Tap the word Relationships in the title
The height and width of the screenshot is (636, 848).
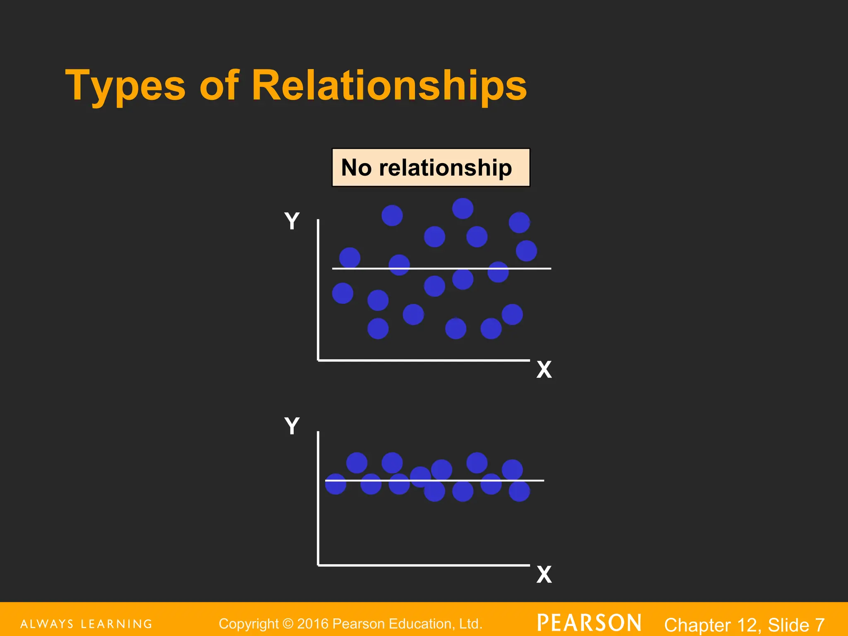coord(389,85)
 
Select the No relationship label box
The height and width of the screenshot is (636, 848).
coord(431,168)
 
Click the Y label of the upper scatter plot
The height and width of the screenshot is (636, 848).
coord(292,221)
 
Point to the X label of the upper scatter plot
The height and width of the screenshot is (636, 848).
coord(544,370)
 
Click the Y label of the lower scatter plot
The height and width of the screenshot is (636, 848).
coord(292,426)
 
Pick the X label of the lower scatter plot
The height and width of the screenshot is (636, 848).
coord(544,575)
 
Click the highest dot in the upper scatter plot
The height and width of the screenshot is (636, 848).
coord(463,208)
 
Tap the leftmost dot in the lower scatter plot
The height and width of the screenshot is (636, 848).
coord(335,484)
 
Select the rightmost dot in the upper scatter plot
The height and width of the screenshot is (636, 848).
coord(526,251)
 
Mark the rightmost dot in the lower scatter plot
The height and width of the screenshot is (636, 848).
coord(519,491)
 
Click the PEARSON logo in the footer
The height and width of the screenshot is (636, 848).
coord(589,623)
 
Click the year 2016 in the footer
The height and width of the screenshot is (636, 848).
coord(313,624)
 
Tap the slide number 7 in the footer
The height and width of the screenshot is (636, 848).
coord(819,625)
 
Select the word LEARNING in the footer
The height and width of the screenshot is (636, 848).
coord(116,624)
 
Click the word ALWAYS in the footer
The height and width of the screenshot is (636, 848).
coord(47,624)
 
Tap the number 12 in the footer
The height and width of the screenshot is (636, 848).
coord(750,625)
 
